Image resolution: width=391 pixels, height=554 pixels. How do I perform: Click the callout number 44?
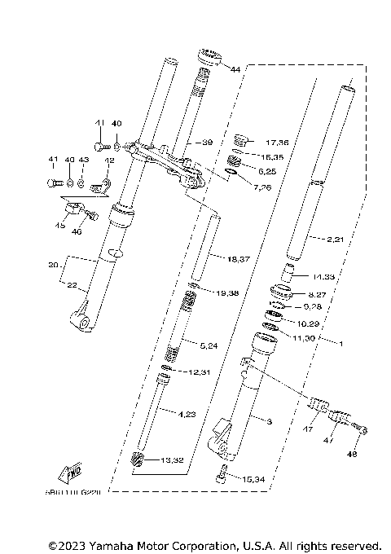(x=235, y=70)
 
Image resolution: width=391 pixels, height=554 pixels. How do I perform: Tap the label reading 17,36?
(x=266, y=142)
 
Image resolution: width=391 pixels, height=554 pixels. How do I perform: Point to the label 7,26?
(x=263, y=188)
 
